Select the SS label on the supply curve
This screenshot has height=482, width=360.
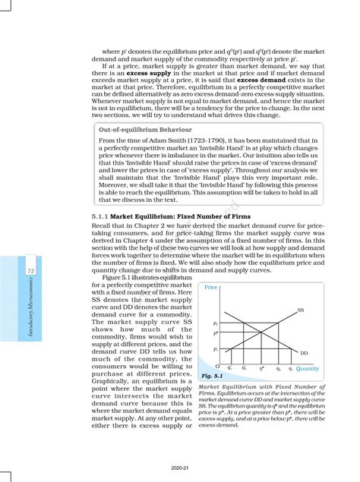301,310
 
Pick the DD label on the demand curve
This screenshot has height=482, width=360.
304,353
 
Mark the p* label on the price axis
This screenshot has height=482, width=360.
216,332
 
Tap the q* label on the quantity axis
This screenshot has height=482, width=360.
262,367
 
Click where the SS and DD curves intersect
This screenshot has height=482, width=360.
262,332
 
